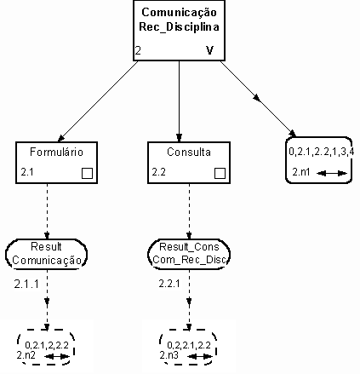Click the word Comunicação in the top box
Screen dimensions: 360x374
tap(179, 13)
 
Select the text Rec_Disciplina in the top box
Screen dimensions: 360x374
tap(179, 27)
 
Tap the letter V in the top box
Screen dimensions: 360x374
tap(209, 50)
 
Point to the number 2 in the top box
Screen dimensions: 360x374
tap(138, 50)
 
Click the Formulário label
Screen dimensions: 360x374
tap(56, 152)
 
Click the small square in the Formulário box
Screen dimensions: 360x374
tap(87, 173)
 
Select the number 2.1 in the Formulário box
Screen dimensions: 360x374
tap(27, 172)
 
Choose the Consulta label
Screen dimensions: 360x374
tap(189, 152)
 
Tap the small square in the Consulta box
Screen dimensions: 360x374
tap(220, 173)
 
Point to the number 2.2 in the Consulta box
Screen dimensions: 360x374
tap(159, 172)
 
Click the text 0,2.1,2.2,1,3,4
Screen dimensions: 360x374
tap(322, 152)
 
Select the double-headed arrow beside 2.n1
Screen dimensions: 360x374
tap(332, 173)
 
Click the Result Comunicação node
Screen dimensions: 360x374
tap(47, 254)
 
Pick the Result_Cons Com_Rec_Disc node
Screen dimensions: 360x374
tap(189, 254)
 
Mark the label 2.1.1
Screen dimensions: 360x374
tap(26, 284)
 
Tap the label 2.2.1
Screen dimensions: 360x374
tap(169, 284)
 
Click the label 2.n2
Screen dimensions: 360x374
tap(26, 355)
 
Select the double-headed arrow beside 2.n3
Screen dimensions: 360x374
tap(200, 356)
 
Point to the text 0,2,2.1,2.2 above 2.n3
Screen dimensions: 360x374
tap(189, 345)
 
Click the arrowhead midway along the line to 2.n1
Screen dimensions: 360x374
tap(257, 98)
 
